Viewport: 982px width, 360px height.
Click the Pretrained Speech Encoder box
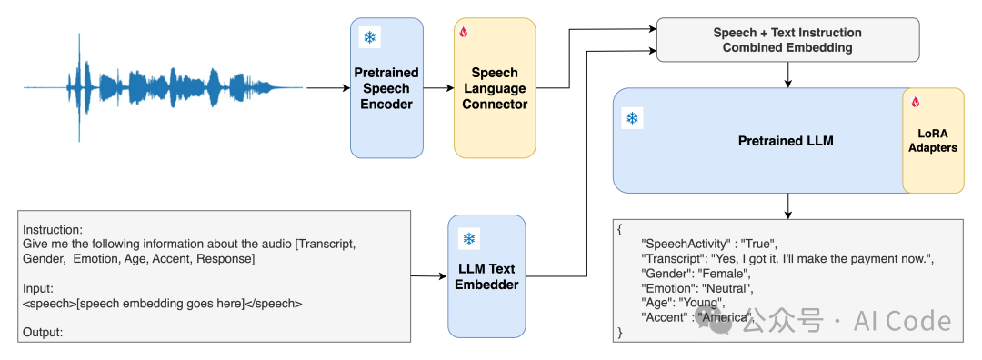click(x=386, y=87)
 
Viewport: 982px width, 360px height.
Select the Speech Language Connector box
click(x=495, y=87)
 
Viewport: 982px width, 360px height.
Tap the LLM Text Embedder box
click(x=486, y=276)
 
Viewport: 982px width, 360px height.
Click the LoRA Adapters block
click(x=933, y=140)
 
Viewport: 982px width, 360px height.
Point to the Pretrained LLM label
click(x=786, y=141)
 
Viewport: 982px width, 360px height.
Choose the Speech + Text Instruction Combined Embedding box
click(x=787, y=39)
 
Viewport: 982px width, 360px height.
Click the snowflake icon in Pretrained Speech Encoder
click(x=369, y=37)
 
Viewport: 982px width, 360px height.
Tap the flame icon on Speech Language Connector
click(x=464, y=32)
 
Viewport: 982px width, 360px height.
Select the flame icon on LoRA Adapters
click(x=915, y=102)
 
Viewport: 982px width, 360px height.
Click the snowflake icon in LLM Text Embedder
click(x=468, y=238)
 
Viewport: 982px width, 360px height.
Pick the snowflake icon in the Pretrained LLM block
click(x=632, y=118)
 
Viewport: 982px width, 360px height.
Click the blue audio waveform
click(x=162, y=87)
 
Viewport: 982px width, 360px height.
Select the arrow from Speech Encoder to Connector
click(x=438, y=87)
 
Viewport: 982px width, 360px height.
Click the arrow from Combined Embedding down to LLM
click(x=787, y=75)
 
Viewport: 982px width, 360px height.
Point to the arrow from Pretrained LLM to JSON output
click(x=787, y=206)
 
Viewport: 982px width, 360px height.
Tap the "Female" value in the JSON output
click(x=728, y=273)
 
